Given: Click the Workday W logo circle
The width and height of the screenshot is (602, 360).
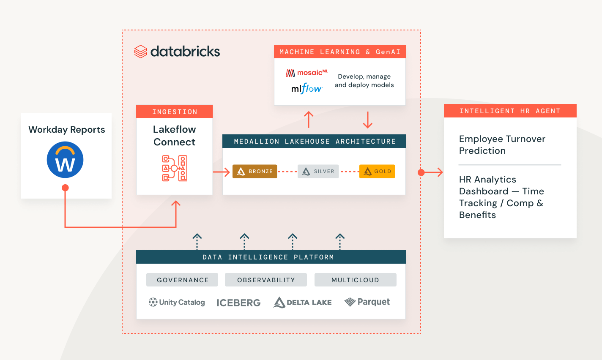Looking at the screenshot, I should tap(65, 160).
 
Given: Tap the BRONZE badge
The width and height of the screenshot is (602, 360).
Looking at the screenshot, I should tap(255, 171).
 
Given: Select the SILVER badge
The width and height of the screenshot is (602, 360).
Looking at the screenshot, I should tap(318, 171).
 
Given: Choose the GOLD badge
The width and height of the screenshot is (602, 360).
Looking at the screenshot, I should tap(377, 171).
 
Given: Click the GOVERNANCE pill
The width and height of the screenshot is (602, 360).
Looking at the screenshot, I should tap(182, 280).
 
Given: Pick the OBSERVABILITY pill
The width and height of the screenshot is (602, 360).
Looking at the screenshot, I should tap(266, 280).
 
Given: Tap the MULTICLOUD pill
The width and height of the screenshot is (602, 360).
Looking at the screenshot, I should tap(355, 280).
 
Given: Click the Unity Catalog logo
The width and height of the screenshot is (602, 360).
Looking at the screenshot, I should tap(177, 302).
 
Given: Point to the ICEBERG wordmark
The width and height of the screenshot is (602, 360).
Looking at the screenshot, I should tap(238, 303).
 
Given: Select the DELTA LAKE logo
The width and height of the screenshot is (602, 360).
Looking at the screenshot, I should tap(303, 302).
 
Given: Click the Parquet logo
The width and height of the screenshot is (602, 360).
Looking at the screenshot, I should tap(367, 302).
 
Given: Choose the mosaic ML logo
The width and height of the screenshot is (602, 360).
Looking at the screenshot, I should tap(307, 73).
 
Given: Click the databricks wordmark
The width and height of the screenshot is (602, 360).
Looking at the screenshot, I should tap(178, 52).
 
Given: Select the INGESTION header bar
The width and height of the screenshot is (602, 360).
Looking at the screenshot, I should tap(175, 112).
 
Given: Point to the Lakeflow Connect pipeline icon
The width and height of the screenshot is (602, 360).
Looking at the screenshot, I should tap(175, 168).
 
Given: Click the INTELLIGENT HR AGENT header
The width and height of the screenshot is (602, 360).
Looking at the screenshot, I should tap(510, 111).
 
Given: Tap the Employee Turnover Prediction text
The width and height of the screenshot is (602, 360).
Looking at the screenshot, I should tap(502, 145).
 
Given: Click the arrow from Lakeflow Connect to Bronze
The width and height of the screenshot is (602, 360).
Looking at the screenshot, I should tap(222, 172).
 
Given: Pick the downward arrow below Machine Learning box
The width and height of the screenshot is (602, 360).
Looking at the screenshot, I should tap(368, 120).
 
